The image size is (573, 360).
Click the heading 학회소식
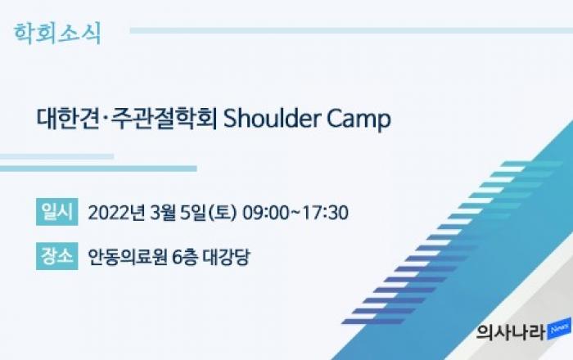click(57, 34)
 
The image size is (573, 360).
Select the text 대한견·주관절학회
click(127, 119)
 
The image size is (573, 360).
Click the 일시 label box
click(57, 212)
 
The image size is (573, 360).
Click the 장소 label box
click(57, 256)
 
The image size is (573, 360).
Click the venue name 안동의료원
click(128, 257)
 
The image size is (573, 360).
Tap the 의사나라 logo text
click(511, 331)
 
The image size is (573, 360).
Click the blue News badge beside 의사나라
click(559, 329)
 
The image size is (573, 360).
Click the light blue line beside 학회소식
click(351, 30)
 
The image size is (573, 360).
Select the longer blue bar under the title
click(98, 169)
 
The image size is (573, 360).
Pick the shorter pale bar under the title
click(56, 156)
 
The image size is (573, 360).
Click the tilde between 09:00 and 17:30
click(296, 212)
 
